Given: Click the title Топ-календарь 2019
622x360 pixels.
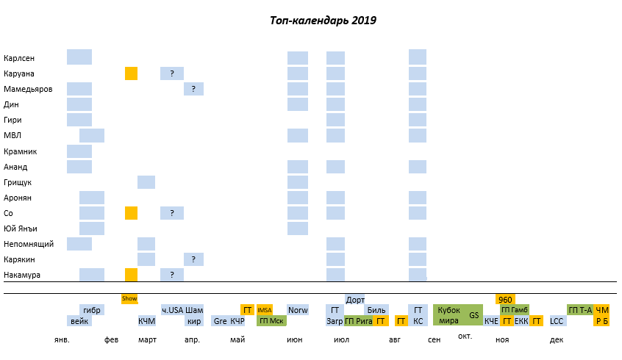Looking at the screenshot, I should pos(323,21).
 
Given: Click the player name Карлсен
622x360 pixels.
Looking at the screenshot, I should pos(19,58).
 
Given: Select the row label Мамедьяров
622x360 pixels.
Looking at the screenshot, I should pos(28,89).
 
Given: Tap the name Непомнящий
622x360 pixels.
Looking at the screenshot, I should pos(26,244).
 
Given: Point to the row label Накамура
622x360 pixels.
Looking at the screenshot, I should pos(22,275).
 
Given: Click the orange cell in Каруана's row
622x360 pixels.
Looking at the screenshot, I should pos(131,73).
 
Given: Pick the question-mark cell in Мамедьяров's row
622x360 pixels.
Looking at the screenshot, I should pos(193,89).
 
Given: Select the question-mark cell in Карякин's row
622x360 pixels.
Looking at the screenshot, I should pos(193,259).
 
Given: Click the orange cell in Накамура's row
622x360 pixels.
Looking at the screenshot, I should pos(131,275).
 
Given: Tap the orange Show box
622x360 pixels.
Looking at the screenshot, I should pos(129,299).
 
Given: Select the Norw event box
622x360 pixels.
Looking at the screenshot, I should pos(298,310).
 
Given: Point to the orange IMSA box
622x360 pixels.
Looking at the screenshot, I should pos(265,310).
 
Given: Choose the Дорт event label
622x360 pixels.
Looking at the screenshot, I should pos(355,300).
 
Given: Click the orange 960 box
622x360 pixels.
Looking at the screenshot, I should pos(505,300).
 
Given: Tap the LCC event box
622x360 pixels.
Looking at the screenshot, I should pos(557,321).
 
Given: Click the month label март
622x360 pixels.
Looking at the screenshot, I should pos(147,340).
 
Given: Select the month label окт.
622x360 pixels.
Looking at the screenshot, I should pos(465,336).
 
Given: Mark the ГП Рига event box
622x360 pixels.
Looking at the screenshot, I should pos(358,321).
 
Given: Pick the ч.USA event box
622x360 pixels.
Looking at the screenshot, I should pos(172,310).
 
